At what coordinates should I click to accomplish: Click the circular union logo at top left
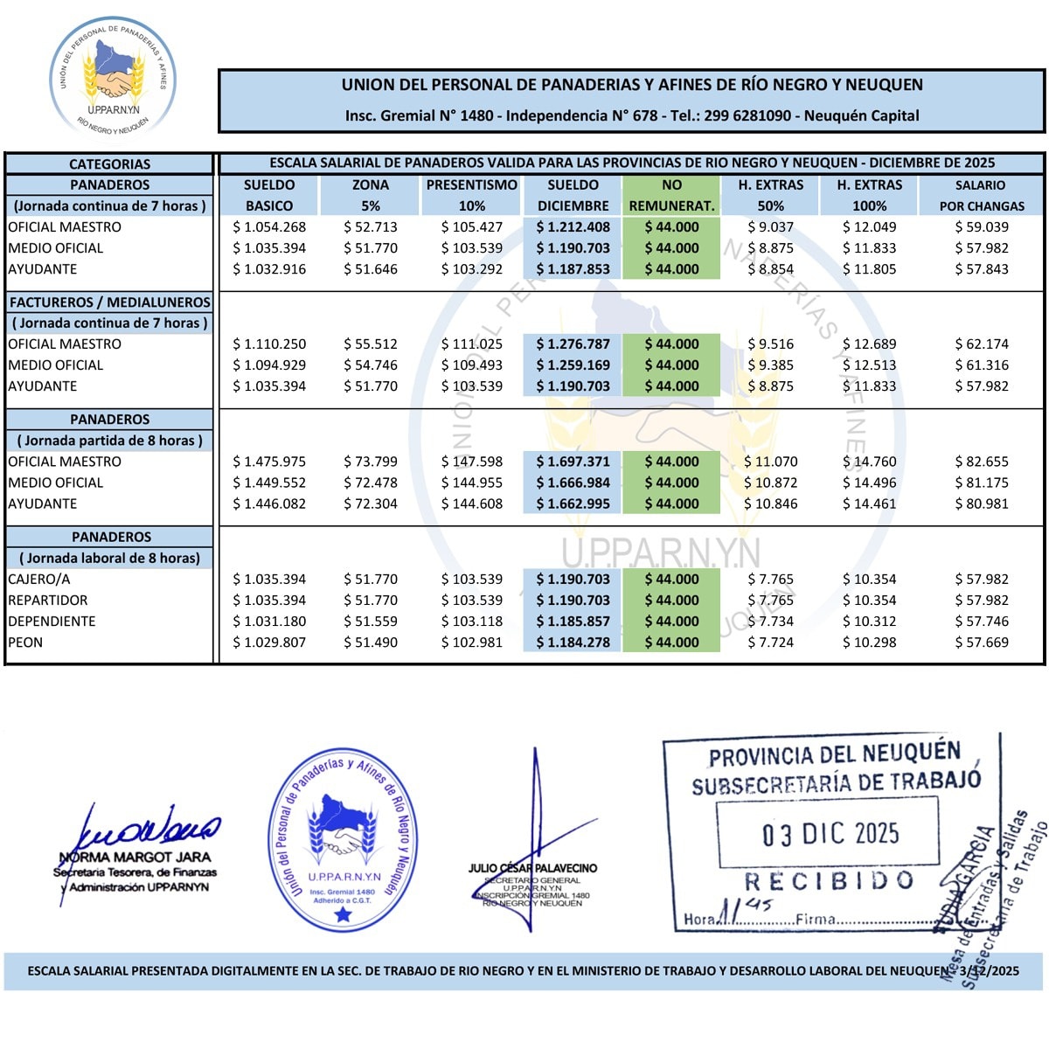click(x=113, y=78)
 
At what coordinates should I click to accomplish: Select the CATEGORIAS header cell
click(x=109, y=163)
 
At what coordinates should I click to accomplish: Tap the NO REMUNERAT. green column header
click(x=671, y=195)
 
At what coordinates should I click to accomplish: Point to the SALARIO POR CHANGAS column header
click(x=981, y=195)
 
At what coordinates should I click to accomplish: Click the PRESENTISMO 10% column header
click(x=472, y=195)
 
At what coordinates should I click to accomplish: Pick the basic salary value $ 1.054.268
click(x=269, y=227)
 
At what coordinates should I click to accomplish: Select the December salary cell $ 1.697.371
click(x=573, y=462)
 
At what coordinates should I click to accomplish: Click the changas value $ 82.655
click(x=982, y=462)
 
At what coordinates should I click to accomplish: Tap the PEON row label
click(x=25, y=643)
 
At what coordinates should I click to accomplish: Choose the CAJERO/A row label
click(x=38, y=580)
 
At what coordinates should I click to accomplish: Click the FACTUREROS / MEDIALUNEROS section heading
click(x=109, y=302)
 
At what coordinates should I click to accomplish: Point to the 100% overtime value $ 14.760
click(x=869, y=462)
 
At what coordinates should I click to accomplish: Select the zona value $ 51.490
click(x=371, y=643)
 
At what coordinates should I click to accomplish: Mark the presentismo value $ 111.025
click(x=472, y=344)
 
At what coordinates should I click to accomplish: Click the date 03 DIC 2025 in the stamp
click(x=830, y=834)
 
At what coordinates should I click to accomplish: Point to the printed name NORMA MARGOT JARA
click(x=135, y=858)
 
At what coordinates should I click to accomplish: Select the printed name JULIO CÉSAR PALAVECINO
click(x=532, y=868)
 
